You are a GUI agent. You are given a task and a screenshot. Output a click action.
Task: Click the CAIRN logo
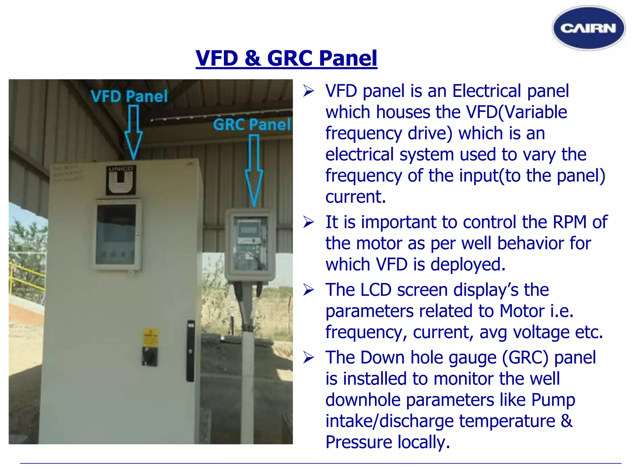588,28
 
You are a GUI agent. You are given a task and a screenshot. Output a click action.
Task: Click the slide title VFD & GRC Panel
286,58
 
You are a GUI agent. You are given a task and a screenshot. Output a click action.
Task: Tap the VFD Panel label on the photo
129,96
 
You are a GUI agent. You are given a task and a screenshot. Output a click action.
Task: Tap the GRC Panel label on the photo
252,125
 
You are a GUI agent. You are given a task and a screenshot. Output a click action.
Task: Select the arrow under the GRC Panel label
254,170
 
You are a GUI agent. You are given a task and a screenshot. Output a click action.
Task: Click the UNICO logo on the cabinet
121,180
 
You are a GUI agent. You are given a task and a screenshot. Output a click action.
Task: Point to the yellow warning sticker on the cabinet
150,338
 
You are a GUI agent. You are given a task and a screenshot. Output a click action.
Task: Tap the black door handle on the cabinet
190,350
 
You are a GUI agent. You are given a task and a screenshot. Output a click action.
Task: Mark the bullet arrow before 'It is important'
309,222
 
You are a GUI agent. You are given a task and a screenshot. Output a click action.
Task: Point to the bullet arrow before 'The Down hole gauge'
309,358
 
